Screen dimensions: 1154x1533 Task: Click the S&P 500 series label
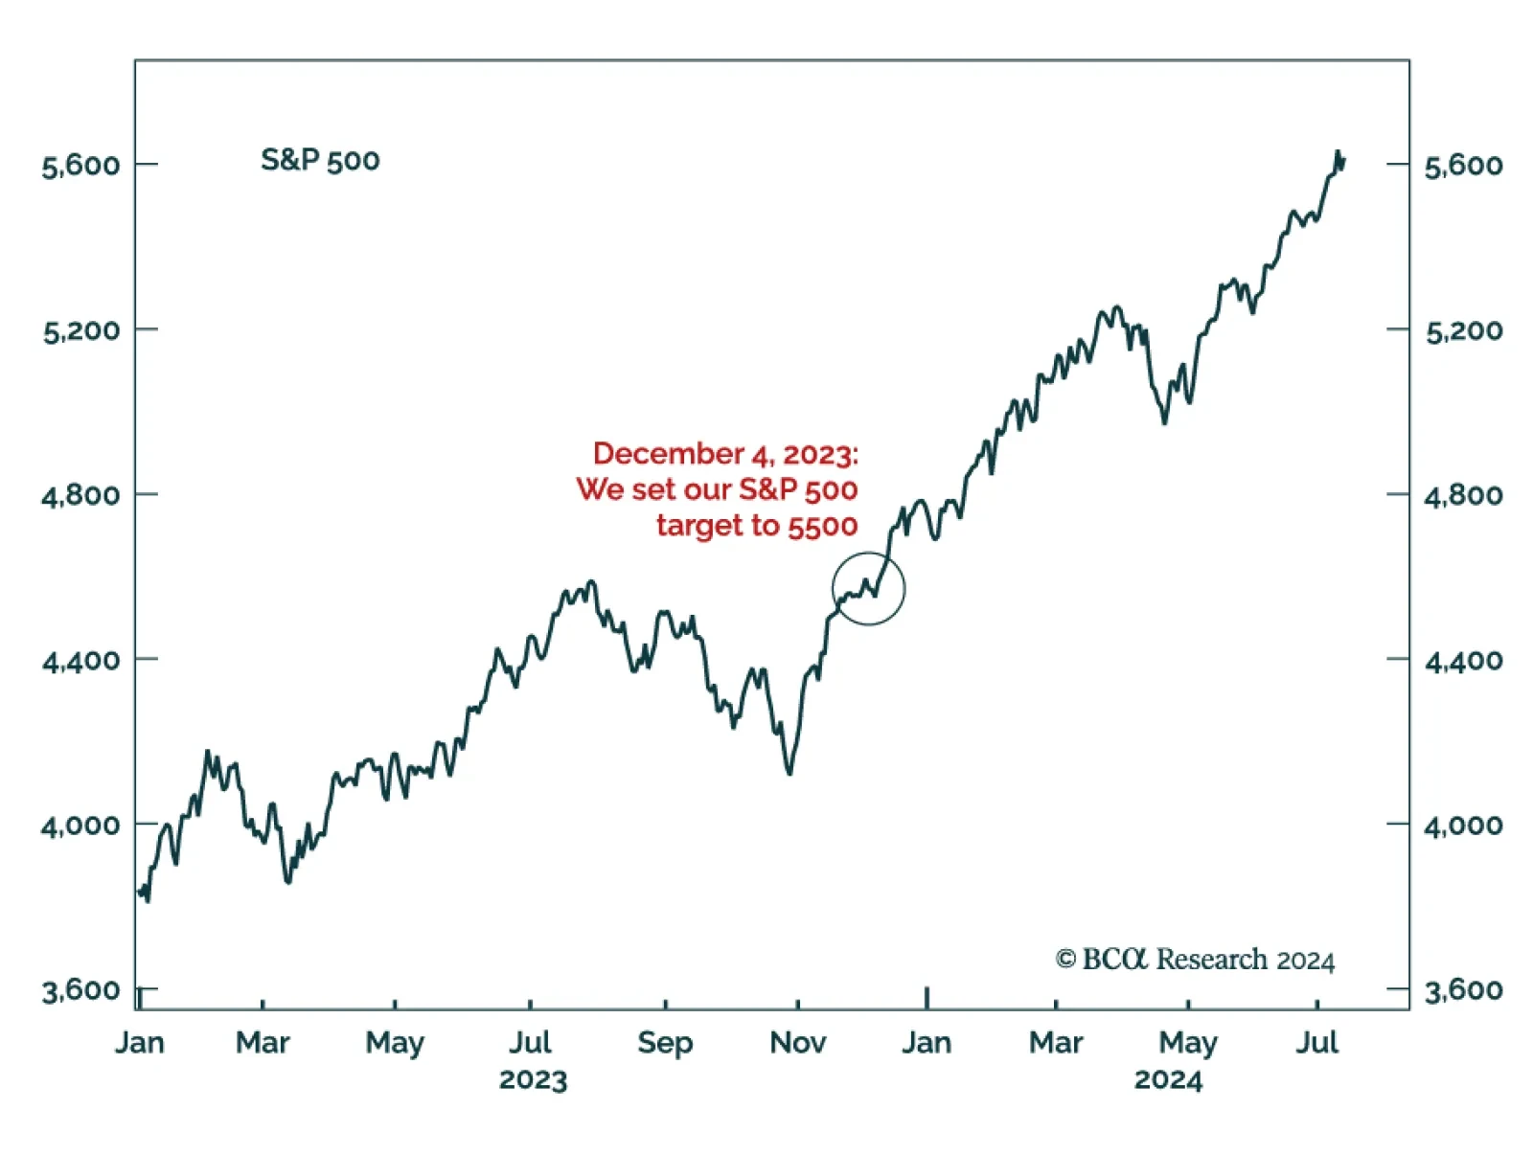click(x=320, y=160)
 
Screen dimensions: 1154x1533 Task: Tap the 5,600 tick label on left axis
click(x=81, y=166)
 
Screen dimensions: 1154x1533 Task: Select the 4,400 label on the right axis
click(x=1463, y=660)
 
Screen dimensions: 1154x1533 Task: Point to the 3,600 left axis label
click(x=81, y=990)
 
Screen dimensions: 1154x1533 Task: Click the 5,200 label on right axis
click(x=1463, y=331)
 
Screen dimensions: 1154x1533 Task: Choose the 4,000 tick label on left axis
click(x=81, y=826)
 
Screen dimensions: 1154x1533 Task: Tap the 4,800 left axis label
click(x=81, y=496)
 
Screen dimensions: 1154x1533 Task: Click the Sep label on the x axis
click(x=665, y=1042)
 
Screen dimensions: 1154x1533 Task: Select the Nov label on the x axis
click(x=797, y=1042)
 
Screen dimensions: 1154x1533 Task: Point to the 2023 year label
click(x=533, y=1080)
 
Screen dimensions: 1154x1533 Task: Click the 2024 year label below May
click(x=1168, y=1080)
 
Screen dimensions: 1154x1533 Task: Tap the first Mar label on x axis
click(x=263, y=1042)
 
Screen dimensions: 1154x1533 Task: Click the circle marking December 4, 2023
click(x=868, y=588)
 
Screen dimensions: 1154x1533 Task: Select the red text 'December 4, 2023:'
click(x=725, y=453)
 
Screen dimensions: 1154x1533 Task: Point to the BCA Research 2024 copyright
click(x=1195, y=959)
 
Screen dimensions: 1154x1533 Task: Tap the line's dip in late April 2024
click(x=1165, y=422)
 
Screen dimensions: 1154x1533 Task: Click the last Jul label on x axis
click(x=1316, y=1042)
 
